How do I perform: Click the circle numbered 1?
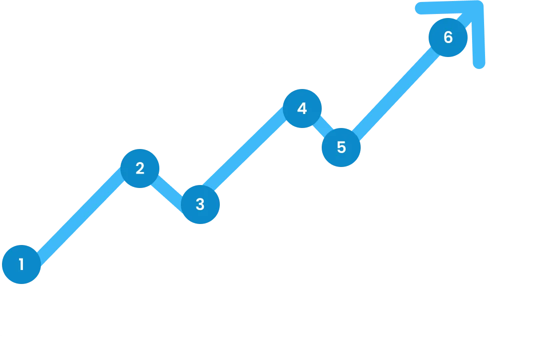21,264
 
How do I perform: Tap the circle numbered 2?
140,168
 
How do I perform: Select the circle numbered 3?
200,204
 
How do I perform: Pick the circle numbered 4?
302,108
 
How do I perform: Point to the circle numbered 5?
341,147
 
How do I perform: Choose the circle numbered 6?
448,37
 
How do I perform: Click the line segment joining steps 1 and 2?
80,216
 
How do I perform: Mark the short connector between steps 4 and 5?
322,128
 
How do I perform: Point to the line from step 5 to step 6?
395,92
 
